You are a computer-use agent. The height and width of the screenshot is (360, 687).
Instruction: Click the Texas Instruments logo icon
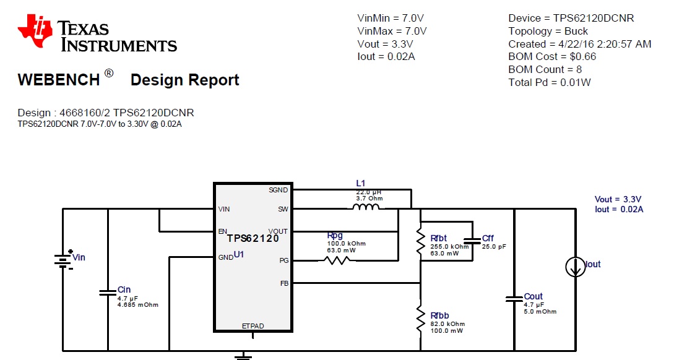coord(35,32)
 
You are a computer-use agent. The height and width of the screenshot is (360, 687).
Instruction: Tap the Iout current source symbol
coord(575,267)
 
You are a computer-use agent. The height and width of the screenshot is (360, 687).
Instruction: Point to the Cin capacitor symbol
coord(108,293)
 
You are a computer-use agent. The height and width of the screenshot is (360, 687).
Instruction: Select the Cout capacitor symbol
coord(514,299)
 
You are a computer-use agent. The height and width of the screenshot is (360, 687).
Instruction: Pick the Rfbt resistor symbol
coord(421,239)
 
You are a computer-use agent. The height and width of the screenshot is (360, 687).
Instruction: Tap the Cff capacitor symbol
coord(472,239)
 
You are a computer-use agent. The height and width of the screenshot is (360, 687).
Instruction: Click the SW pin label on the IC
coord(283,209)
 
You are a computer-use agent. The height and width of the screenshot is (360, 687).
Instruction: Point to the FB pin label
coord(283,283)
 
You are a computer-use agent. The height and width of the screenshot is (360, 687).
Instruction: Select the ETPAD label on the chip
coord(253,325)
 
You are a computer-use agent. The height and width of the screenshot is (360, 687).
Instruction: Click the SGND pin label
coord(278,191)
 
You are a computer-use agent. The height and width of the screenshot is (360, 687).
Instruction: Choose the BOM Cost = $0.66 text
coord(552,57)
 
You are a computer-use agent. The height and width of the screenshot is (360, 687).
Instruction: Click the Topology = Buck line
coord(548,31)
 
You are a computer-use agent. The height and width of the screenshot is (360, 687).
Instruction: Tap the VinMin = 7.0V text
coord(391,19)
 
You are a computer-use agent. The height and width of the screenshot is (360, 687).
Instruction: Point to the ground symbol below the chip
coord(244,356)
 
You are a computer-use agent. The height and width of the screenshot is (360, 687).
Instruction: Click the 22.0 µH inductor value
coord(369,192)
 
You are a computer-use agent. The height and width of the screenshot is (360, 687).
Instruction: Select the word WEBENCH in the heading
coord(58,80)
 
